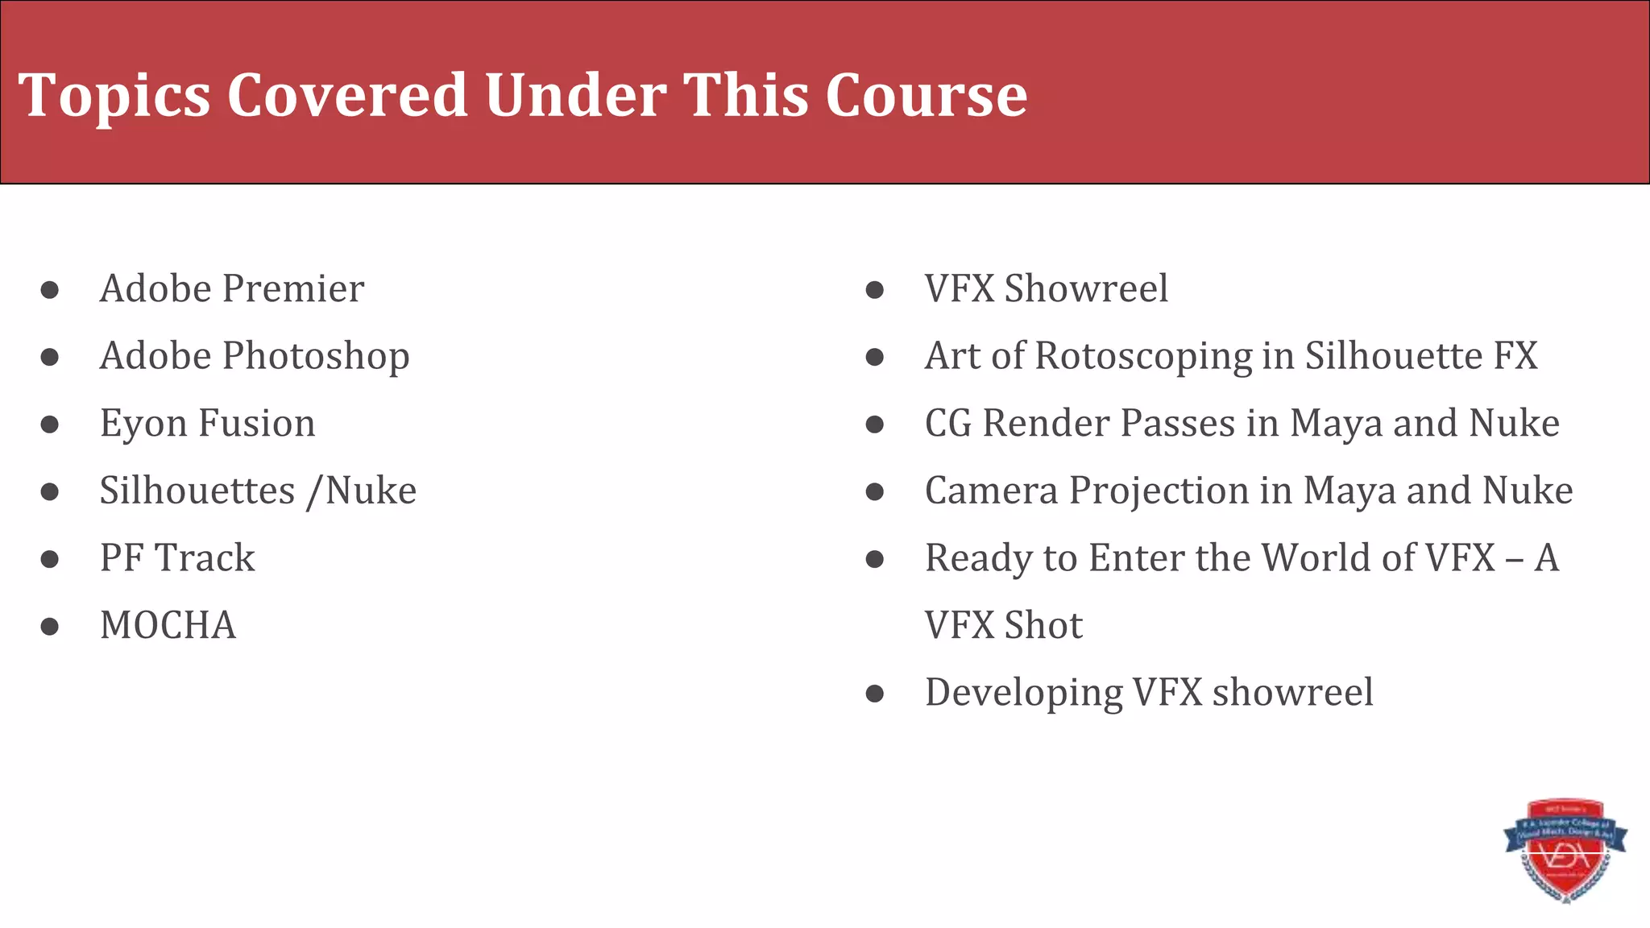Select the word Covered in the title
[346, 95]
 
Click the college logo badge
[1565, 851]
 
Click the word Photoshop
[316, 357]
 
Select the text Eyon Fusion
[207, 424]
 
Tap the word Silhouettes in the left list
[197, 491]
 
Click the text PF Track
[177, 558]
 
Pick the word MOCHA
[168, 625]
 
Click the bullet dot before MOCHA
[50, 626]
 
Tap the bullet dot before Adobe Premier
[50, 289]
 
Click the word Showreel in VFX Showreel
[1085, 288]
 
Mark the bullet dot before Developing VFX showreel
[875, 694]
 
